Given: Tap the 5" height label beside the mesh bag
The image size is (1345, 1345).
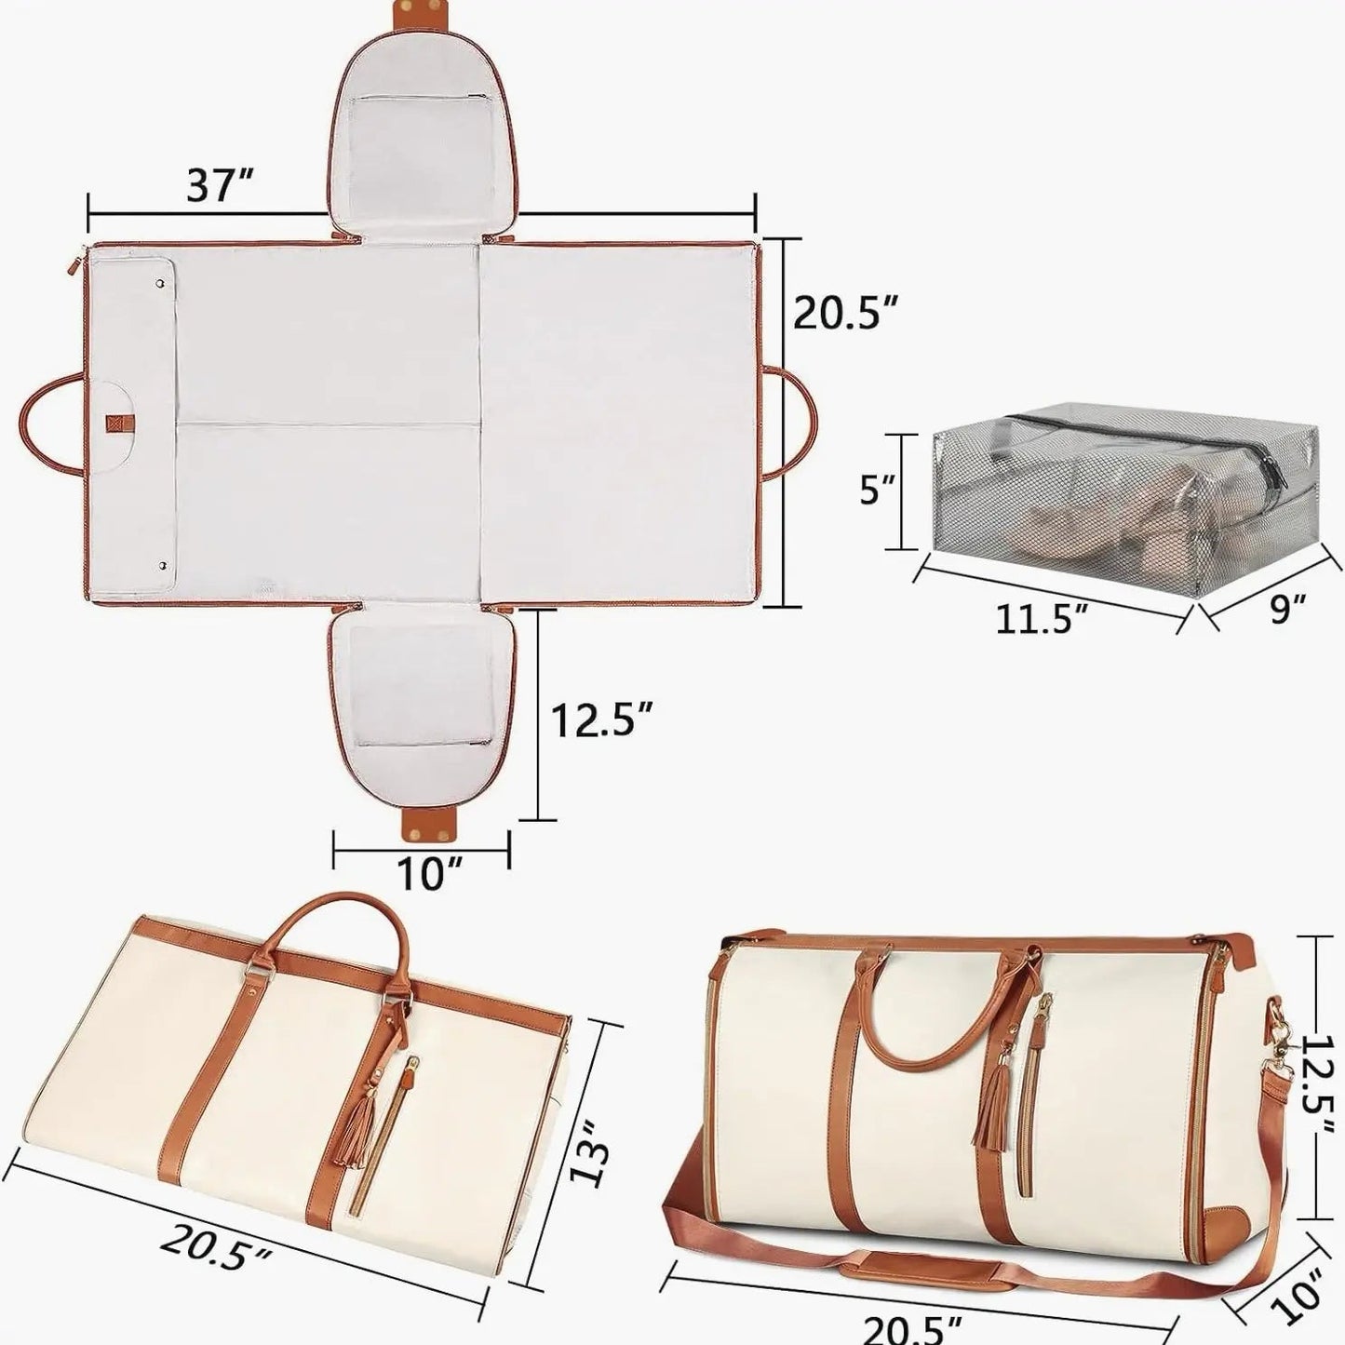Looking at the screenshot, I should click(875, 491).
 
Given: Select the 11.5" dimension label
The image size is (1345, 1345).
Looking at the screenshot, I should click(1042, 618).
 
